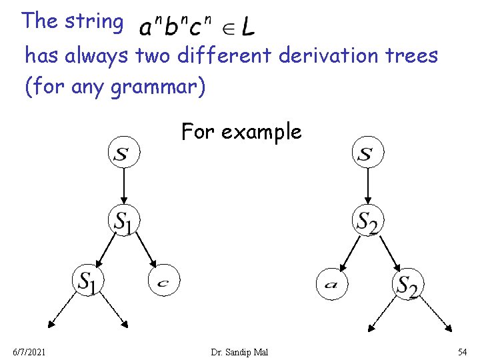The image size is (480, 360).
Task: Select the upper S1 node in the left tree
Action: point(124,221)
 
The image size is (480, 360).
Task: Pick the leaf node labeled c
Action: point(163,283)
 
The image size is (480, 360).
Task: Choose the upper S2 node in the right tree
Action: point(367,221)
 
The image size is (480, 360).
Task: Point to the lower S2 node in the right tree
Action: point(407,285)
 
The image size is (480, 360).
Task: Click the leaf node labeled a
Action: point(332,284)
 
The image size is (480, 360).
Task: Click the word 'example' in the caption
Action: point(261,132)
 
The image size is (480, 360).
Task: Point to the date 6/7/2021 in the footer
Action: point(29,351)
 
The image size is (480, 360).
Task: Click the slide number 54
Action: point(462,351)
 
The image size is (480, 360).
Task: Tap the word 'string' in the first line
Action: point(93,21)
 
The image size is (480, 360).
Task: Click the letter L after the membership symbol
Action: point(247,28)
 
